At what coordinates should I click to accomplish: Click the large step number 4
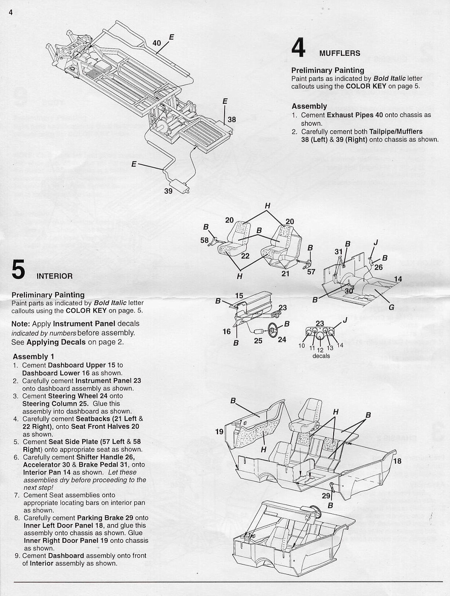point(298,48)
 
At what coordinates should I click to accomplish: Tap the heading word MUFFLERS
point(340,53)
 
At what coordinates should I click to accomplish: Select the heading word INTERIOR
point(55,276)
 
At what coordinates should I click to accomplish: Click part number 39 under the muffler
point(168,191)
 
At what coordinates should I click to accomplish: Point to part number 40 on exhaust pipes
point(157,43)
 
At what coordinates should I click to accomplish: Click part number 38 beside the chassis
point(231,120)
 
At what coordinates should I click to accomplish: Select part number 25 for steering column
point(258,341)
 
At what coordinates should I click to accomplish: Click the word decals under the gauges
point(321,356)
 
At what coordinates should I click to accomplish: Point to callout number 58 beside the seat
point(205,240)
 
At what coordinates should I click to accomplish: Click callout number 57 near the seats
point(311,272)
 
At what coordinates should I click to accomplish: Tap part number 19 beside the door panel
point(219,432)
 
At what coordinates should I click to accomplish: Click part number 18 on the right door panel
point(397,461)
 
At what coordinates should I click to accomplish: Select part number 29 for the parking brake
point(326,496)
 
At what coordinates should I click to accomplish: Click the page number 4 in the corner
point(11,12)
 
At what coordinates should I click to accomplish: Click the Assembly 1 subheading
point(34,356)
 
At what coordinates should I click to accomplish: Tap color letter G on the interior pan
point(391,307)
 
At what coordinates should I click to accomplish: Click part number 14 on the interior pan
point(398,279)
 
